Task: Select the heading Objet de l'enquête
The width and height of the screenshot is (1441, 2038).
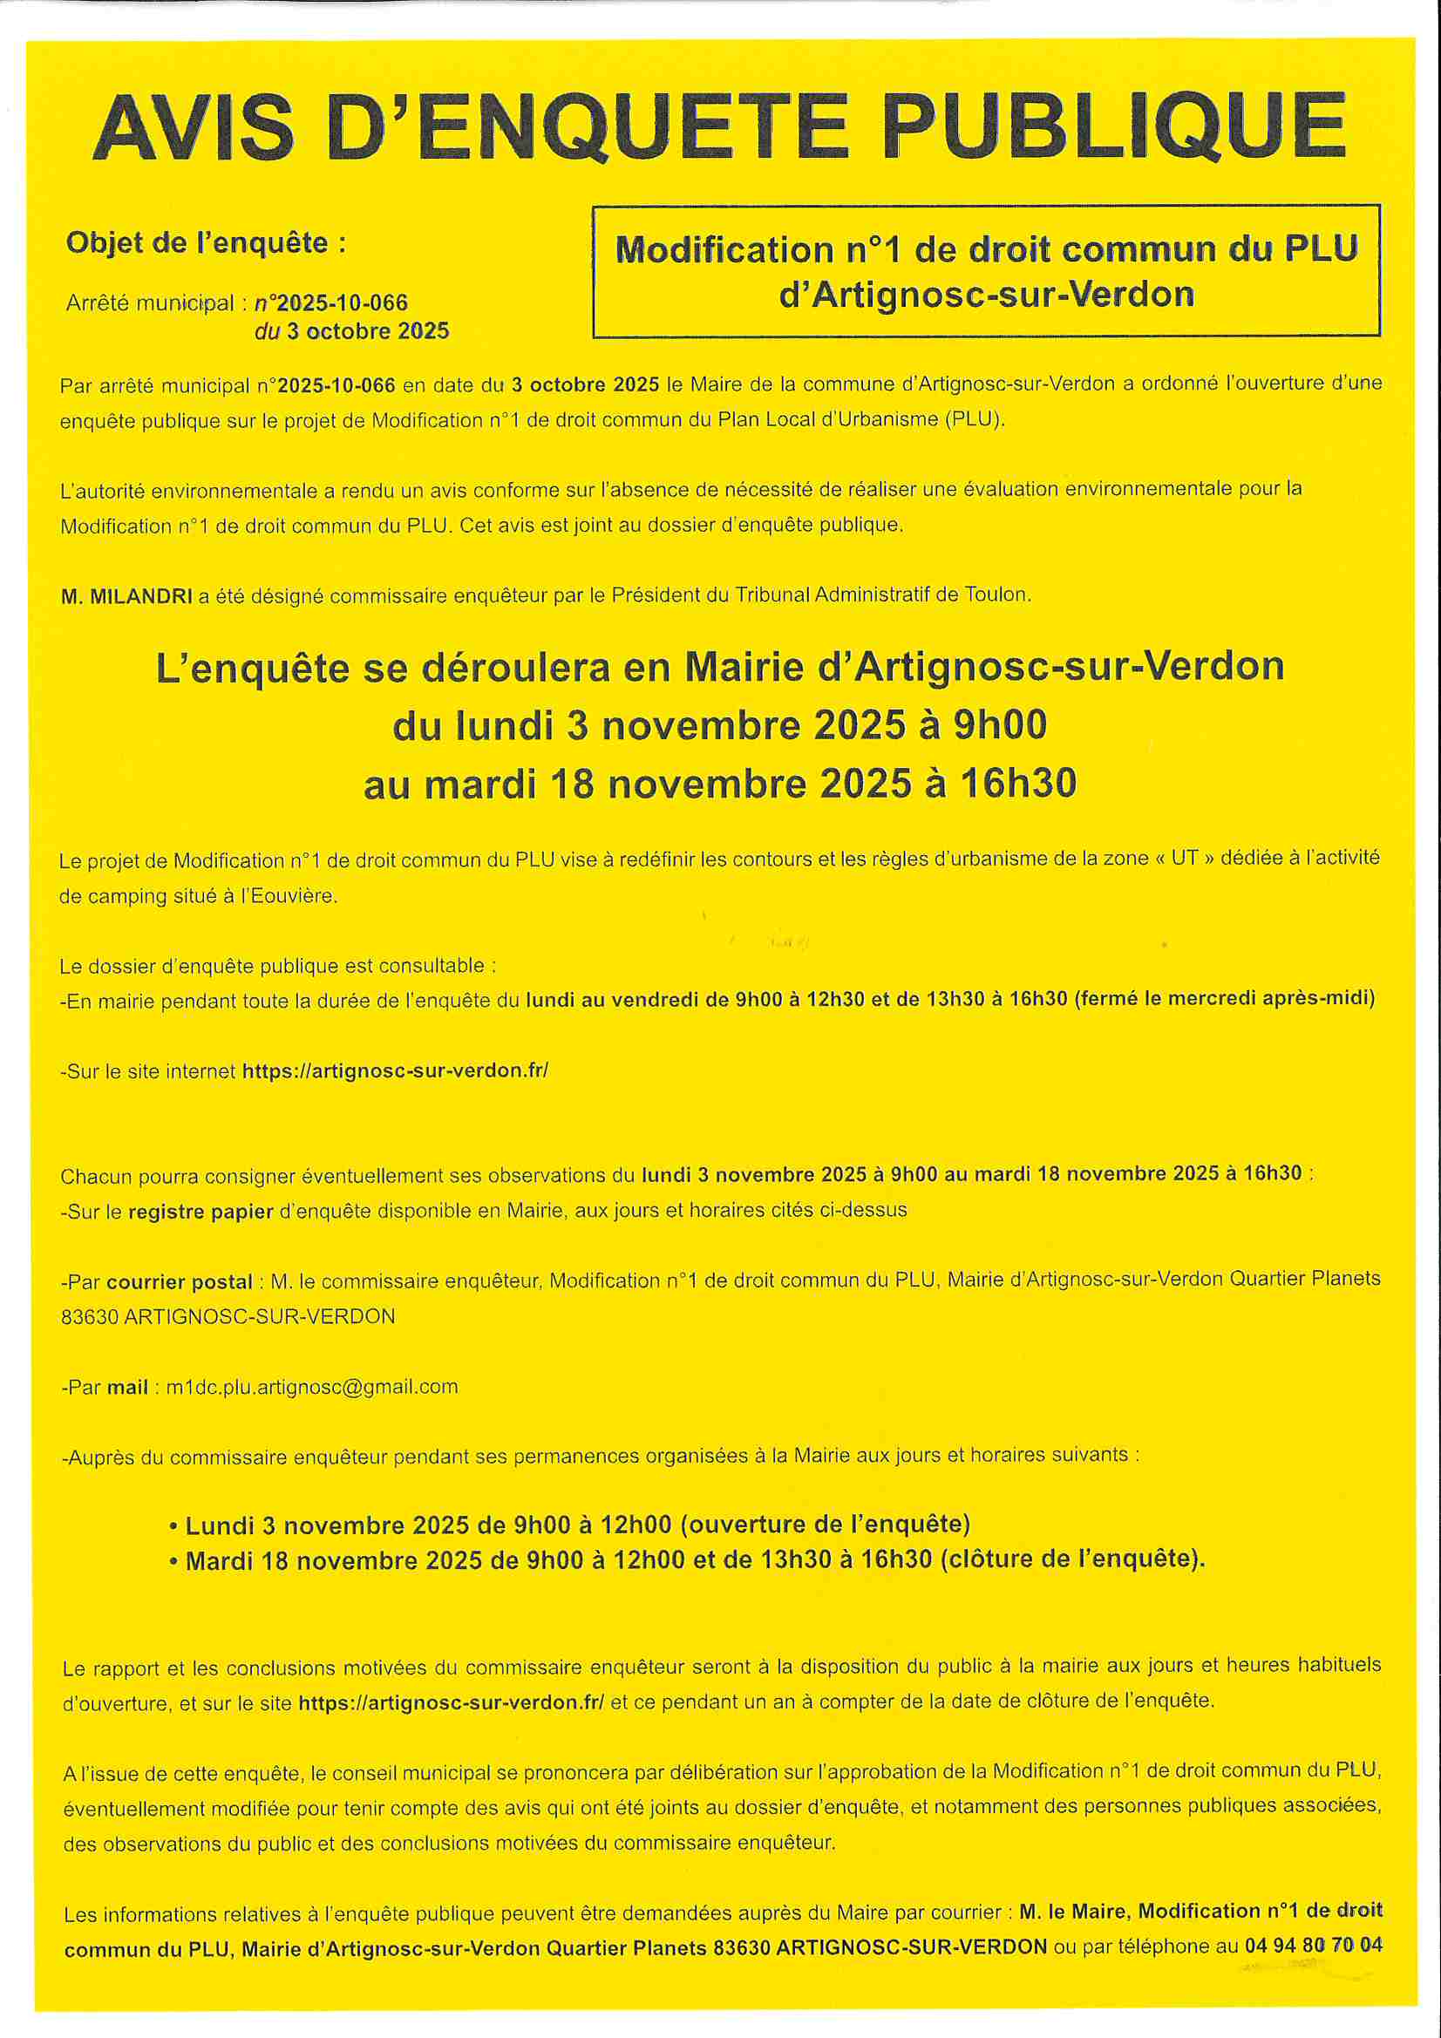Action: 206,242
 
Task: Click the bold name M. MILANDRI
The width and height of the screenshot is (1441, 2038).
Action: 127,596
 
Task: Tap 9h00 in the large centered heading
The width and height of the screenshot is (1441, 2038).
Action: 1000,725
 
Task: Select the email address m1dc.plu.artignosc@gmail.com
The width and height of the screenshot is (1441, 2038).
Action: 313,1387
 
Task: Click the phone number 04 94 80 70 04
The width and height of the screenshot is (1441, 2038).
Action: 1313,1945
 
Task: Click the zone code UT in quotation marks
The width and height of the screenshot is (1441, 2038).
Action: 1185,858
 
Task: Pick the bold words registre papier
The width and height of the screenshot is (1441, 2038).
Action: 201,1212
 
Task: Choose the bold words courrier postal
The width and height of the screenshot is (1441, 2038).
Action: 180,1281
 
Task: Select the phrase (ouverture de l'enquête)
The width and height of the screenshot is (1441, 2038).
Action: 825,1524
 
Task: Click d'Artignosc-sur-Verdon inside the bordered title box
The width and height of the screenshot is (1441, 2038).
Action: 987,295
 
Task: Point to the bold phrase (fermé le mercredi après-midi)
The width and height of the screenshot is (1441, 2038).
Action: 1224,999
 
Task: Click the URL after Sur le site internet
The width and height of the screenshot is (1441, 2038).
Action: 395,1070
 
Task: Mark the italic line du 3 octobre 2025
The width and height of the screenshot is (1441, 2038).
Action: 351,331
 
